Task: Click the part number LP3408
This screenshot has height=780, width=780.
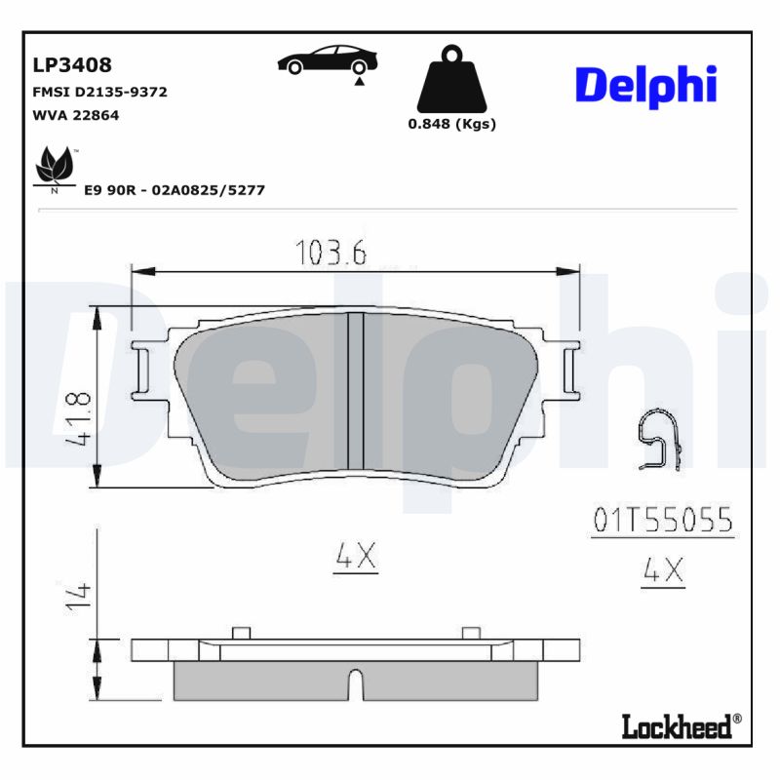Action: click(72, 65)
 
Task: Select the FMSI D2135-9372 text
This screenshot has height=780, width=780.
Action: click(100, 92)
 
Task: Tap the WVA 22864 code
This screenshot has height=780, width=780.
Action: click(76, 115)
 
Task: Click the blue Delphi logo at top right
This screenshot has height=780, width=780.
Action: click(645, 86)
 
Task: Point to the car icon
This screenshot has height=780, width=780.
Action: click(325, 61)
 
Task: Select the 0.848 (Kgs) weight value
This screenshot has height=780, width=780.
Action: click(451, 124)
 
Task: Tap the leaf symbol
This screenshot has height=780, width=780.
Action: click(55, 168)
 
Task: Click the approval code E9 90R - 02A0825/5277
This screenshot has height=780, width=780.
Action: click(174, 190)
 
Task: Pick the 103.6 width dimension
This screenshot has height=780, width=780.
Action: click(331, 253)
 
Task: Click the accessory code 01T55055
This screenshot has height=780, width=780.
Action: click(662, 521)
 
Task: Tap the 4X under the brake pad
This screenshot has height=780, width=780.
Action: click(355, 556)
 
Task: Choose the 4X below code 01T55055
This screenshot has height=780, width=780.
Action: click(663, 571)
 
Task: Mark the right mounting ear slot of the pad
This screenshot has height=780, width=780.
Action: click(568, 369)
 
